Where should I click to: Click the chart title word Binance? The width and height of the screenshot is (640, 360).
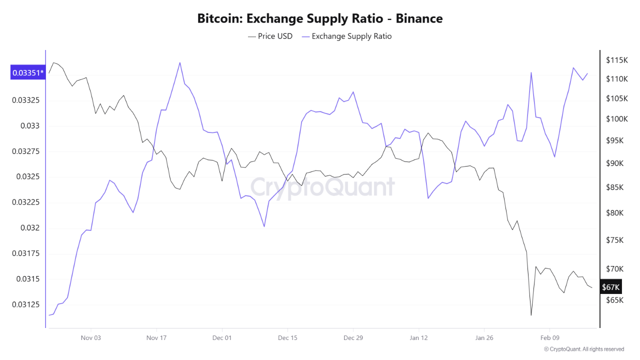419,19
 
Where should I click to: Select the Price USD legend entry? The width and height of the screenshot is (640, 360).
270,36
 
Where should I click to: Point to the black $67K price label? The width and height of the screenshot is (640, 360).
610,287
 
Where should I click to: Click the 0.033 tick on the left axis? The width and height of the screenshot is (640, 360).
30,126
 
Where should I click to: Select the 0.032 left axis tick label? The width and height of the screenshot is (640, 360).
30,228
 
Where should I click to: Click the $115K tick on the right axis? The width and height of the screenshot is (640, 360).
616,60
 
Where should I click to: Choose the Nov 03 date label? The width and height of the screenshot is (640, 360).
90,338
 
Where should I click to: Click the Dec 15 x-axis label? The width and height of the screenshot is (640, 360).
287,338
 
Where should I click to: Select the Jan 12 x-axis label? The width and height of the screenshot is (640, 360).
418,338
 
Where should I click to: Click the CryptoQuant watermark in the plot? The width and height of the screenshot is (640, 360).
322,187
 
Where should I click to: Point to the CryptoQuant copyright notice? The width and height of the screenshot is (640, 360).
583,349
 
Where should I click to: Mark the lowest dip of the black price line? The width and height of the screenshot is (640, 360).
531,315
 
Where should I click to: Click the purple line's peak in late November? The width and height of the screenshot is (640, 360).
179,62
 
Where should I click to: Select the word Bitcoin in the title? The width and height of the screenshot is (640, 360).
219,19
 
